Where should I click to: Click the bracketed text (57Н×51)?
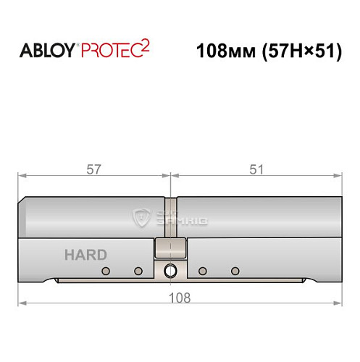click(300, 52)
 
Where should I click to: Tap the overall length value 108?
click(180, 297)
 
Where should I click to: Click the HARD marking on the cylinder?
click(85, 255)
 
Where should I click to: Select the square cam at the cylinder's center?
click(170, 249)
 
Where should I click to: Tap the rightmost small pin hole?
click(235, 271)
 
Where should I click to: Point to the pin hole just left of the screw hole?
click(138, 271)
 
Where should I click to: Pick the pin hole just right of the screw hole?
click(204, 271)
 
